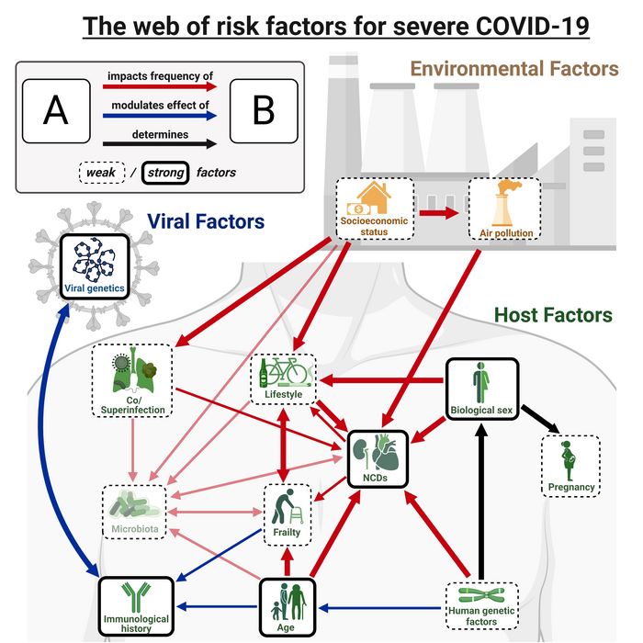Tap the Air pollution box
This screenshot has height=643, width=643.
pos(502,209)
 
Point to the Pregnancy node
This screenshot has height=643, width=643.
pos(571,466)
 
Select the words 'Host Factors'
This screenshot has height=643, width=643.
pos(553,315)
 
